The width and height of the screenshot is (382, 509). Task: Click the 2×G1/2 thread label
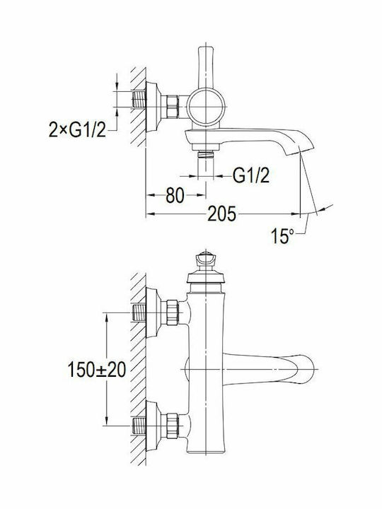pyautogui.click(x=77, y=129)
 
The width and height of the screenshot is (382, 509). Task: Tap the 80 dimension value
pyautogui.click(x=175, y=195)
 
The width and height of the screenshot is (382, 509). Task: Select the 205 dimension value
pyautogui.click(x=222, y=214)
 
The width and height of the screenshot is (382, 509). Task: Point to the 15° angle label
pyautogui.click(x=282, y=236)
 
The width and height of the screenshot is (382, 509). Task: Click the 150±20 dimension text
pyautogui.click(x=96, y=370)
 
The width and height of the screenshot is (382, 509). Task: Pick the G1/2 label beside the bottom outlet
pyautogui.click(x=251, y=175)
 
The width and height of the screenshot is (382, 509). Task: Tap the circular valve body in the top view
pyautogui.click(x=206, y=107)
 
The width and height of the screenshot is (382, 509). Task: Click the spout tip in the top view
pyautogui.click(x=301, y=144)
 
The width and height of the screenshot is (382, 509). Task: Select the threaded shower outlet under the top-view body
pyautogui.click(x=206, y=154)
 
